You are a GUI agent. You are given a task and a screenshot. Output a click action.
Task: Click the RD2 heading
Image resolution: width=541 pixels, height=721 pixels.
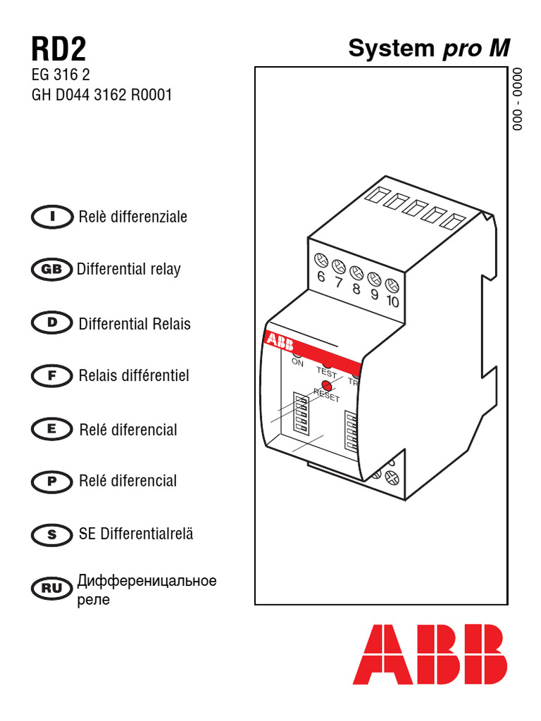pos(58,50)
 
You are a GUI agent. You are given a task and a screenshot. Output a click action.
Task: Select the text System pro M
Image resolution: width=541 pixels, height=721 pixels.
pos(428,49)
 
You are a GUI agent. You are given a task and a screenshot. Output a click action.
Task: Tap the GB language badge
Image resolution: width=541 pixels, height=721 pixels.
pos(52,269)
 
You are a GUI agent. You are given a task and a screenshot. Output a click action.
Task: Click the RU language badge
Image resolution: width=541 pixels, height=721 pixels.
pos(52,588)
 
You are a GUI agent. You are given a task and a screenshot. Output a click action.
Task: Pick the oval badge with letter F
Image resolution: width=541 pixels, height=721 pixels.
pos(52,376)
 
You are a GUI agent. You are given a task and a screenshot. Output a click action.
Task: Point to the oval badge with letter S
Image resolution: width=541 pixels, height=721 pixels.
pos(52,534)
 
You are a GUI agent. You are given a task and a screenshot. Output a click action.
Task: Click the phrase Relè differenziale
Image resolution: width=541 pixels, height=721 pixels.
pos(133,217)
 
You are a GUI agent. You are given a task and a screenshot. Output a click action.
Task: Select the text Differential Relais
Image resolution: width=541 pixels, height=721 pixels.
pos(135,324)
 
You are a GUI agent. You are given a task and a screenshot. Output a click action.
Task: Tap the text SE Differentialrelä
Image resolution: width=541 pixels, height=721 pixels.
pos(136,534)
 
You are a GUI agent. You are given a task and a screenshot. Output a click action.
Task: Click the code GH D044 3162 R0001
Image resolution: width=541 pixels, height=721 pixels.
pos(101,95)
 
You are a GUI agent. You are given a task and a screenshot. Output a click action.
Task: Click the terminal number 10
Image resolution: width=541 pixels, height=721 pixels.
pos(393,301)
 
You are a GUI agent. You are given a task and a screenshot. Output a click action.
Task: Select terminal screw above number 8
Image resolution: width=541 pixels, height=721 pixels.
pos(356,272)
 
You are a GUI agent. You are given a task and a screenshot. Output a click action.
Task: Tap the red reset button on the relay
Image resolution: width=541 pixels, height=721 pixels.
pos(326,386)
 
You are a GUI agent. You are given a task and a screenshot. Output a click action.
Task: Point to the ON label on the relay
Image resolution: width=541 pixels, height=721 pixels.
pos(297,363)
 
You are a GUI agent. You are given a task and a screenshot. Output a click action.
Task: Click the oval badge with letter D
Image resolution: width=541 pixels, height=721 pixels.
pos(52,323)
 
